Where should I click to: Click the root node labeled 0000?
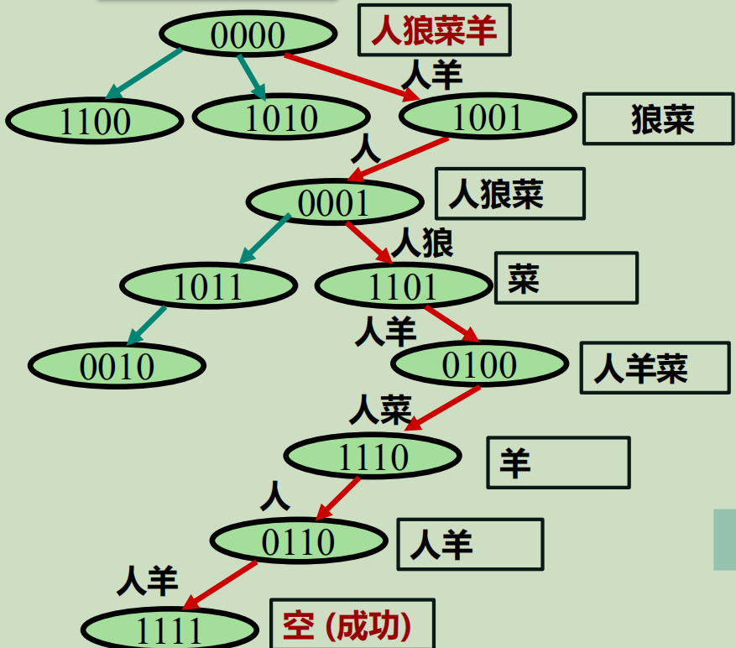tap(248, 34)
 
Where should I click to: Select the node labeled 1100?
tap(95, 121)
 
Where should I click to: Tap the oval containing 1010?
tap(281, 117)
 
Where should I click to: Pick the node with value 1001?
tap(488, 118)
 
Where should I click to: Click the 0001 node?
tap(334, 202)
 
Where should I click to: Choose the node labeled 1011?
tap(208, 285)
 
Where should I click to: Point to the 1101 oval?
tap(403, 285)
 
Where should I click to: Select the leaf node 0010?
tap(117, 365)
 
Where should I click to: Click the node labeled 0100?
tap(479, 363)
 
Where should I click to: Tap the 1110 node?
tap(373, 456)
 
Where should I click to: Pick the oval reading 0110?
tap(298, 541)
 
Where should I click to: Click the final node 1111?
tap(169, 630)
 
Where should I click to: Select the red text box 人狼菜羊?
tap(434, 30)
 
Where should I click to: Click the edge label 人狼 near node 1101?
tap(422, 243)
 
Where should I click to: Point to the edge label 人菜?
tap(380, 410)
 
